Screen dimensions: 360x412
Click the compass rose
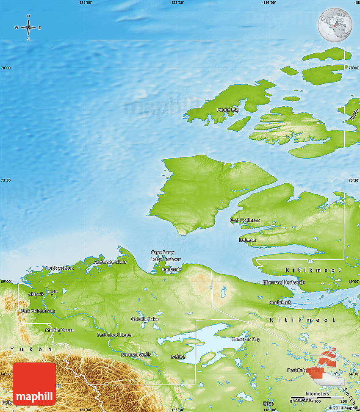point(28,28)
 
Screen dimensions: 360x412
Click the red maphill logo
point(34,384)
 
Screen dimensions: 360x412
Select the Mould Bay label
point(228,110)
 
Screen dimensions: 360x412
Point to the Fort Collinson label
point(245,220)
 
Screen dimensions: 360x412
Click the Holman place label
point(247,240)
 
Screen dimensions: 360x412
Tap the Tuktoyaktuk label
point(60,268)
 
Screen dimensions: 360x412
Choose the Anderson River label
point(110,262)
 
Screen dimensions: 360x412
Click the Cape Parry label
point(162,253)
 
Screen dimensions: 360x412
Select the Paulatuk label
point(172,269)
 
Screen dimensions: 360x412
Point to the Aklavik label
point(36,294)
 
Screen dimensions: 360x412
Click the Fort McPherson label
point(38,311)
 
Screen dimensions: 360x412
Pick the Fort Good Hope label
point(114,335)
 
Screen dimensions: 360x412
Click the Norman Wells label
point(136,354)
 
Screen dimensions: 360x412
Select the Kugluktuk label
point(280,303)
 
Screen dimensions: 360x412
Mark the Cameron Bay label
point(245,339)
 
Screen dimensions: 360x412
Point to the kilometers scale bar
point(317,398)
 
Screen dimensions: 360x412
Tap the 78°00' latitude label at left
point(6,68)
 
